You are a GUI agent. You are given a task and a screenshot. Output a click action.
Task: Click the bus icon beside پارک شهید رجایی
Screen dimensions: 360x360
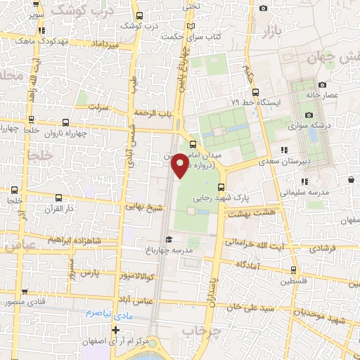221,187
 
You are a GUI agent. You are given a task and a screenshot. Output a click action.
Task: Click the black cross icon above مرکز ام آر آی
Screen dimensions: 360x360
115,330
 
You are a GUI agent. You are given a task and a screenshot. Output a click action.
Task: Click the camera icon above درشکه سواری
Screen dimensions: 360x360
309,115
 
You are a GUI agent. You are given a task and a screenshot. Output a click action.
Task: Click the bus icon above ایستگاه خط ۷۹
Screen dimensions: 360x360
255,91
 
